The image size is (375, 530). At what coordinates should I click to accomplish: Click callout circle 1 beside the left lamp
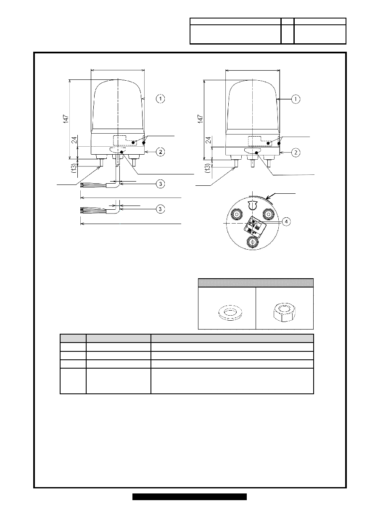click(161, 98)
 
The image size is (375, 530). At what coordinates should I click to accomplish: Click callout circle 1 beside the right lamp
click(296, 99)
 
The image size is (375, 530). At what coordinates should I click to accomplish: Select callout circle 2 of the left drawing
click(161, 152)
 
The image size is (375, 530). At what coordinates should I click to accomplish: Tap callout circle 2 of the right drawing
click(296, 153)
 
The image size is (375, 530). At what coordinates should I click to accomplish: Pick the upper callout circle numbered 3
click(161, 184)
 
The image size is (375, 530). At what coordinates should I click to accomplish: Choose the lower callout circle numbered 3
click(161, 209)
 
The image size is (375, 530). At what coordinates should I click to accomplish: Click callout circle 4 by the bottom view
click(286, 221)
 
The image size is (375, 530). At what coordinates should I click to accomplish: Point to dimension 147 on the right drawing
click(201, 119)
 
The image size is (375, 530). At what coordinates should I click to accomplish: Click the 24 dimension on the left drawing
click(74, 140)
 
